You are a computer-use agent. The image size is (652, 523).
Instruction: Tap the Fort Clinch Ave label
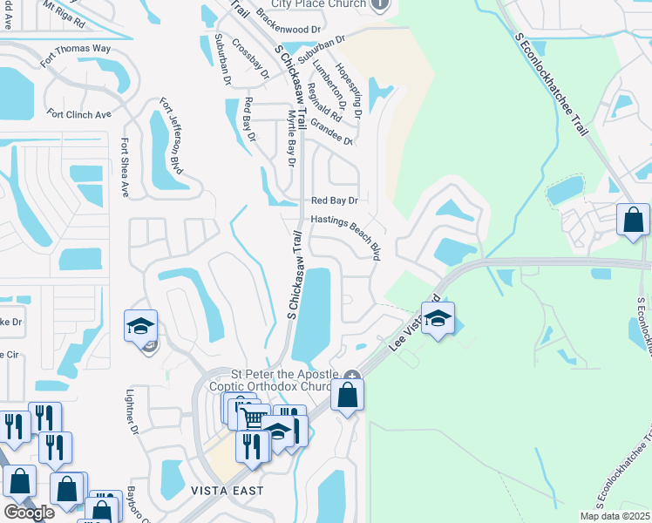pyautogui.click(x=80, y=114)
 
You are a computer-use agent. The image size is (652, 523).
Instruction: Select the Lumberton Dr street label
pyautogui.click(x=336, y=93)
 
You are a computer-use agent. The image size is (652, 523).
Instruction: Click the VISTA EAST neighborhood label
pyautogui.click(x=228, y=491)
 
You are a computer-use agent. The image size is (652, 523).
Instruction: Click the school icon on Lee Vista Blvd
pyautogui.click(x=438, y=317)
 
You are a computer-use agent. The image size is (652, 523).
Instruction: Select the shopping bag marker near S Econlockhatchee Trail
pyautogui.click(x=633, y=219)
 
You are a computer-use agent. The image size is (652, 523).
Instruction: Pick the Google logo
pyautogui.click(x=30, y=513)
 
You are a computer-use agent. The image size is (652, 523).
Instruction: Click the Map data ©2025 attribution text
pyautogui.click(x=615, y=516)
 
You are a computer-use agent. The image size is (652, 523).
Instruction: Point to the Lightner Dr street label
pyautogui.click(x=134, y=412)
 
